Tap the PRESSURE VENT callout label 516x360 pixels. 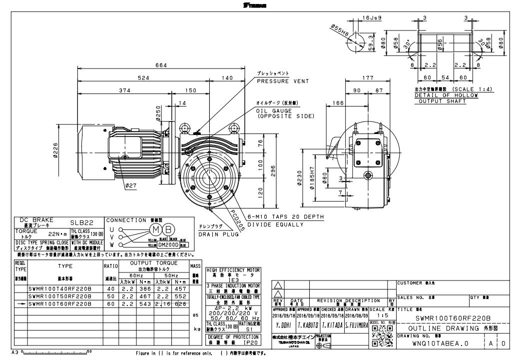pos(283,81)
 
